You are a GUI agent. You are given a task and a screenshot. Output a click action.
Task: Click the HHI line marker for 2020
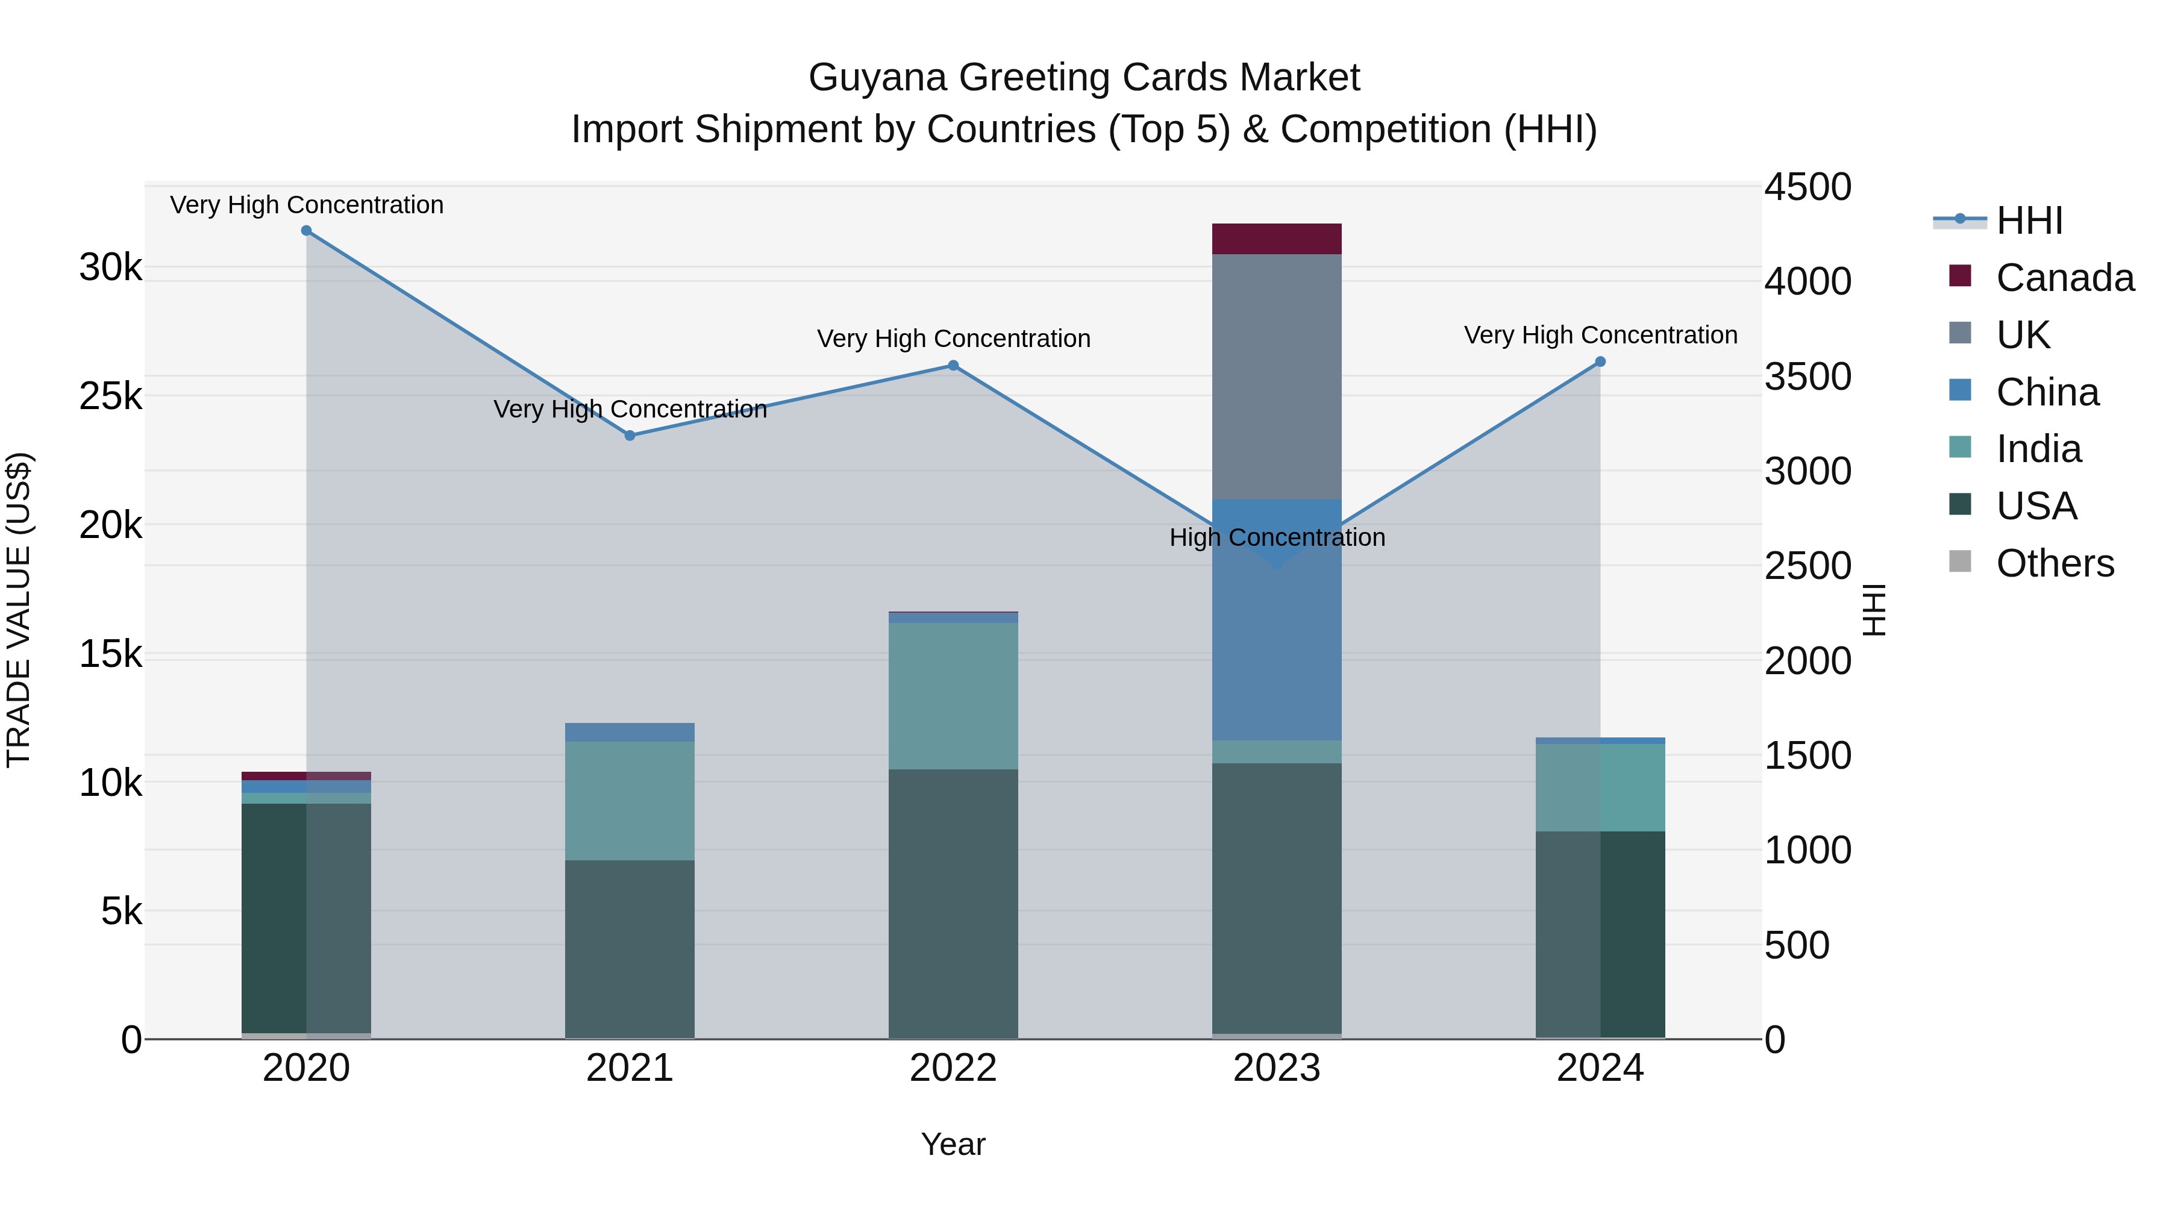[307, 231]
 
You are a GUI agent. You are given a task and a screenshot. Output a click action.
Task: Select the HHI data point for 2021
[630, 436]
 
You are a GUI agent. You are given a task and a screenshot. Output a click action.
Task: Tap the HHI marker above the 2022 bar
[953, 366]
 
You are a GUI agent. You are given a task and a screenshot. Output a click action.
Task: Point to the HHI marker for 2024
[1601, 362]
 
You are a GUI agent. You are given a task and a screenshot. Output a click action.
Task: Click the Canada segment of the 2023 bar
[1277, 239]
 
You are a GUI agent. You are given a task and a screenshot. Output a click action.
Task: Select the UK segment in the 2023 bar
[1277, 377]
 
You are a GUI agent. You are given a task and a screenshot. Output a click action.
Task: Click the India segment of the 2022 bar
[953, 695]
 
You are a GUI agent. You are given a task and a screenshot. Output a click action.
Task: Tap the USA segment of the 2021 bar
[630, 949]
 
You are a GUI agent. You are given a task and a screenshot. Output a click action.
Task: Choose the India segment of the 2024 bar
[1601, 787]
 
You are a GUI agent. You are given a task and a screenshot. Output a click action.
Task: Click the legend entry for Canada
[2064, 278]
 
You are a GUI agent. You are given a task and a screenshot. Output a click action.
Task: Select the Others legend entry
[2054, 563]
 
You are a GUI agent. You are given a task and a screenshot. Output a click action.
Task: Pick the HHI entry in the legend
[2029, 221]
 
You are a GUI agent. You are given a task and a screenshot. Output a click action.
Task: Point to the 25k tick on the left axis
[110, 396]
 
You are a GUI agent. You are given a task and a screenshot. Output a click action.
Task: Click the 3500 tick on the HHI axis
[1807, 377]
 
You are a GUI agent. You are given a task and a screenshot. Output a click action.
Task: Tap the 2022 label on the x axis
[953, 1068]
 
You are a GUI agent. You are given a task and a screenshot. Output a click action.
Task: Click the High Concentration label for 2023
[1277, 537]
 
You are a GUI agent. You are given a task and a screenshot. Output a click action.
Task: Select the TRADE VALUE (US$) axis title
[19, 610]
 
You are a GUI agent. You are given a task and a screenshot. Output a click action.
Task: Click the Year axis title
[953, 1144]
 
